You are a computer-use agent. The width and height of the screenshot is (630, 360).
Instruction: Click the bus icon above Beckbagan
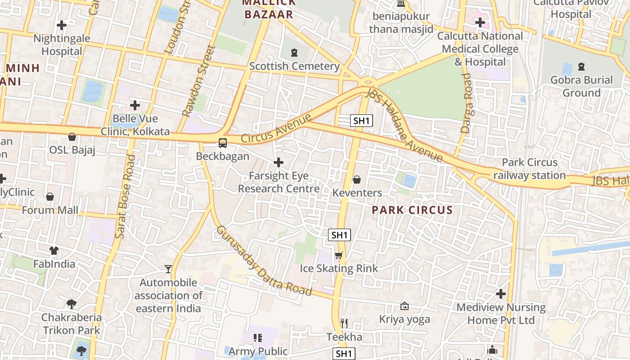(x=222, y=143)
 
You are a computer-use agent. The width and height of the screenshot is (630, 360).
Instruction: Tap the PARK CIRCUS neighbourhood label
(x=412, y=210)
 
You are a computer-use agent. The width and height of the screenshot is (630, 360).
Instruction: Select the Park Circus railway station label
(x=530, y=169)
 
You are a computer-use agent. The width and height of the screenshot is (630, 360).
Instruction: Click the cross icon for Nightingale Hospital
(x=62, y=25)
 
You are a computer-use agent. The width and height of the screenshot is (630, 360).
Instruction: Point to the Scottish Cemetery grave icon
(x=294, y=53)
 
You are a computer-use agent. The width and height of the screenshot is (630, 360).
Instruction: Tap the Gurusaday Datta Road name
(x=264, y=261)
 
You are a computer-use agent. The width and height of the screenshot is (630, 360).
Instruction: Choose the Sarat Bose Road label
(x=125, y=197)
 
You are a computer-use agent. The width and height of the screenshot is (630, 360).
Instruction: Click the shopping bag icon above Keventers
(x=357, y=180)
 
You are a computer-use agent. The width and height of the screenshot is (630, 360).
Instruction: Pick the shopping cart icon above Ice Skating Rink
(x=339, y=255)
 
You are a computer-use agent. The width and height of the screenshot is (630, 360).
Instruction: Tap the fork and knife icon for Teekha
(x=344, y=323)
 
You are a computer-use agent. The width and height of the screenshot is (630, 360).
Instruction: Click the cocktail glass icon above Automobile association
(x=168, y=269)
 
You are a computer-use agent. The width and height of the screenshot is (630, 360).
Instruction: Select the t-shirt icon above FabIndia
(x=54, y=250)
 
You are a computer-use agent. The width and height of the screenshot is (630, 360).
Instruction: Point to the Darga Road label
(x=466, y=103)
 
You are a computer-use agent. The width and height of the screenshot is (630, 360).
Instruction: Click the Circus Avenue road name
(x=276, y=129)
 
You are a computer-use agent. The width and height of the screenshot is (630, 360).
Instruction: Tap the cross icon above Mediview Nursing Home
(x=501, y=294)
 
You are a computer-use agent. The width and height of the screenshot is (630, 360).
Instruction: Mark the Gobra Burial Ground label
(x=581, y=86)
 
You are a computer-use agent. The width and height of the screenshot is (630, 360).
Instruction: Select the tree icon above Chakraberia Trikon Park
(x=71, y=304)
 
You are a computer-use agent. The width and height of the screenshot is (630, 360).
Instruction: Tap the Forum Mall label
(x=50, y=210)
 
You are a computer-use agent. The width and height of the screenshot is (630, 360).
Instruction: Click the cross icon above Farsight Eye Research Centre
(x=279, y=162)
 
